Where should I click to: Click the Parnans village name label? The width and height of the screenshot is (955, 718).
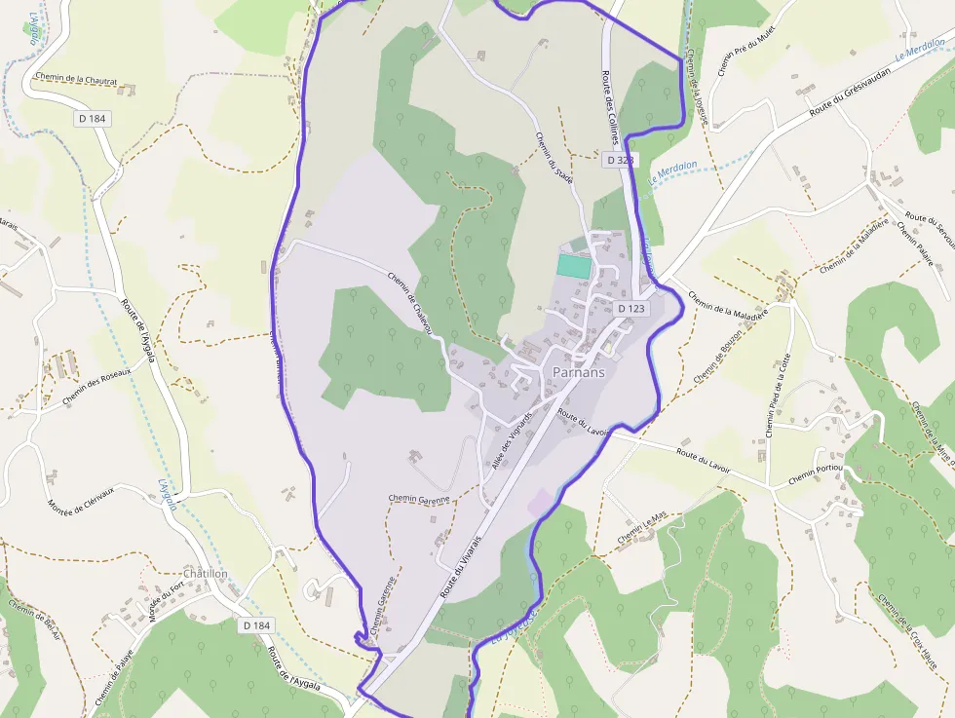pos(578,372)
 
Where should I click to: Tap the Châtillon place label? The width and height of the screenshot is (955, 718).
pos(205,574)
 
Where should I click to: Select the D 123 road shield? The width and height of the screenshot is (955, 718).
pos(631,309)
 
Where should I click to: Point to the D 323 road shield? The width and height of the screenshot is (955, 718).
pos(619,159)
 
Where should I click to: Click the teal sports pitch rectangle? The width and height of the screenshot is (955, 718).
pos(574,265)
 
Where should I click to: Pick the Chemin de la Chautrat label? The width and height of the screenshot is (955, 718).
pos(75,80)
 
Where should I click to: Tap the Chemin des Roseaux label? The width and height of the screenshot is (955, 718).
pos(95,386)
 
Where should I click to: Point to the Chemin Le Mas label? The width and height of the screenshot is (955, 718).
pos(642,528)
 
